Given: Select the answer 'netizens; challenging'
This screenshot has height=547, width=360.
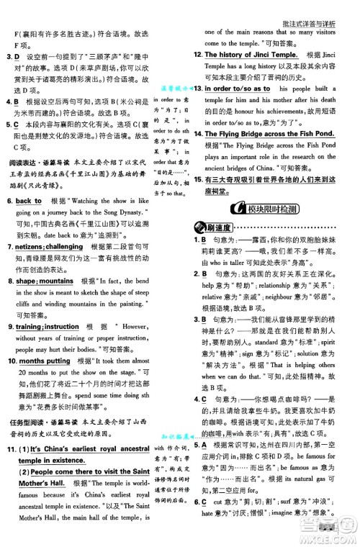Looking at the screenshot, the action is click(x=51, y=246).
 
